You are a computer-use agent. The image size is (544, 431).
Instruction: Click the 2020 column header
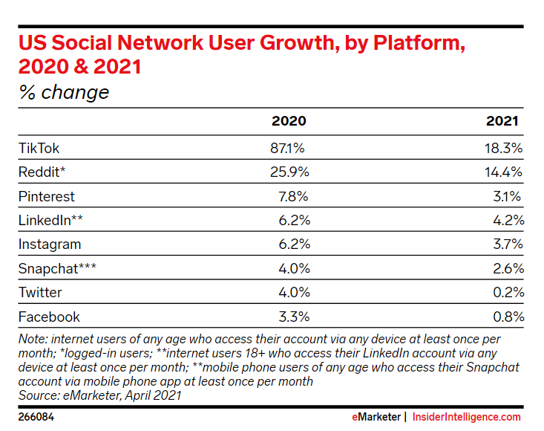[289, 122]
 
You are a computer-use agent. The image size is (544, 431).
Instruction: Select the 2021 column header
[502, 122]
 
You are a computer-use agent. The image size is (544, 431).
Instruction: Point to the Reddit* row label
[42, 172]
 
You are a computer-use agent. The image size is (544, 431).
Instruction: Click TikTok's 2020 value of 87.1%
[287, 148]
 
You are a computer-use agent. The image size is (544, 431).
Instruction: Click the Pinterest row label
[47, 197]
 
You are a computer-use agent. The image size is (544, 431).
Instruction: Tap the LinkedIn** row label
[50, 221]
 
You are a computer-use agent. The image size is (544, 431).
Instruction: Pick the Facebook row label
[49, 317]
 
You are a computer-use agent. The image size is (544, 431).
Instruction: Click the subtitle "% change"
[64, 92]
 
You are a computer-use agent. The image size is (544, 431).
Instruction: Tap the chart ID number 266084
[36, 417]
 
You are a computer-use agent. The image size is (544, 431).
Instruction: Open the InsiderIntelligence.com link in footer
[467, 417]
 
